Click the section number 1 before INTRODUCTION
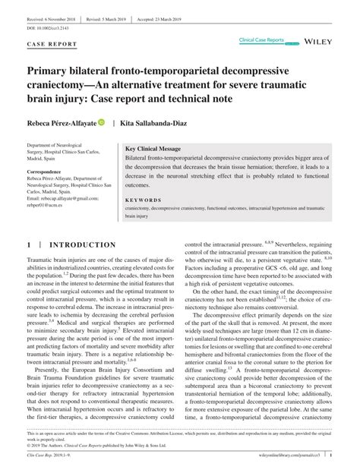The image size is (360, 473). (x=29, y=245)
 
